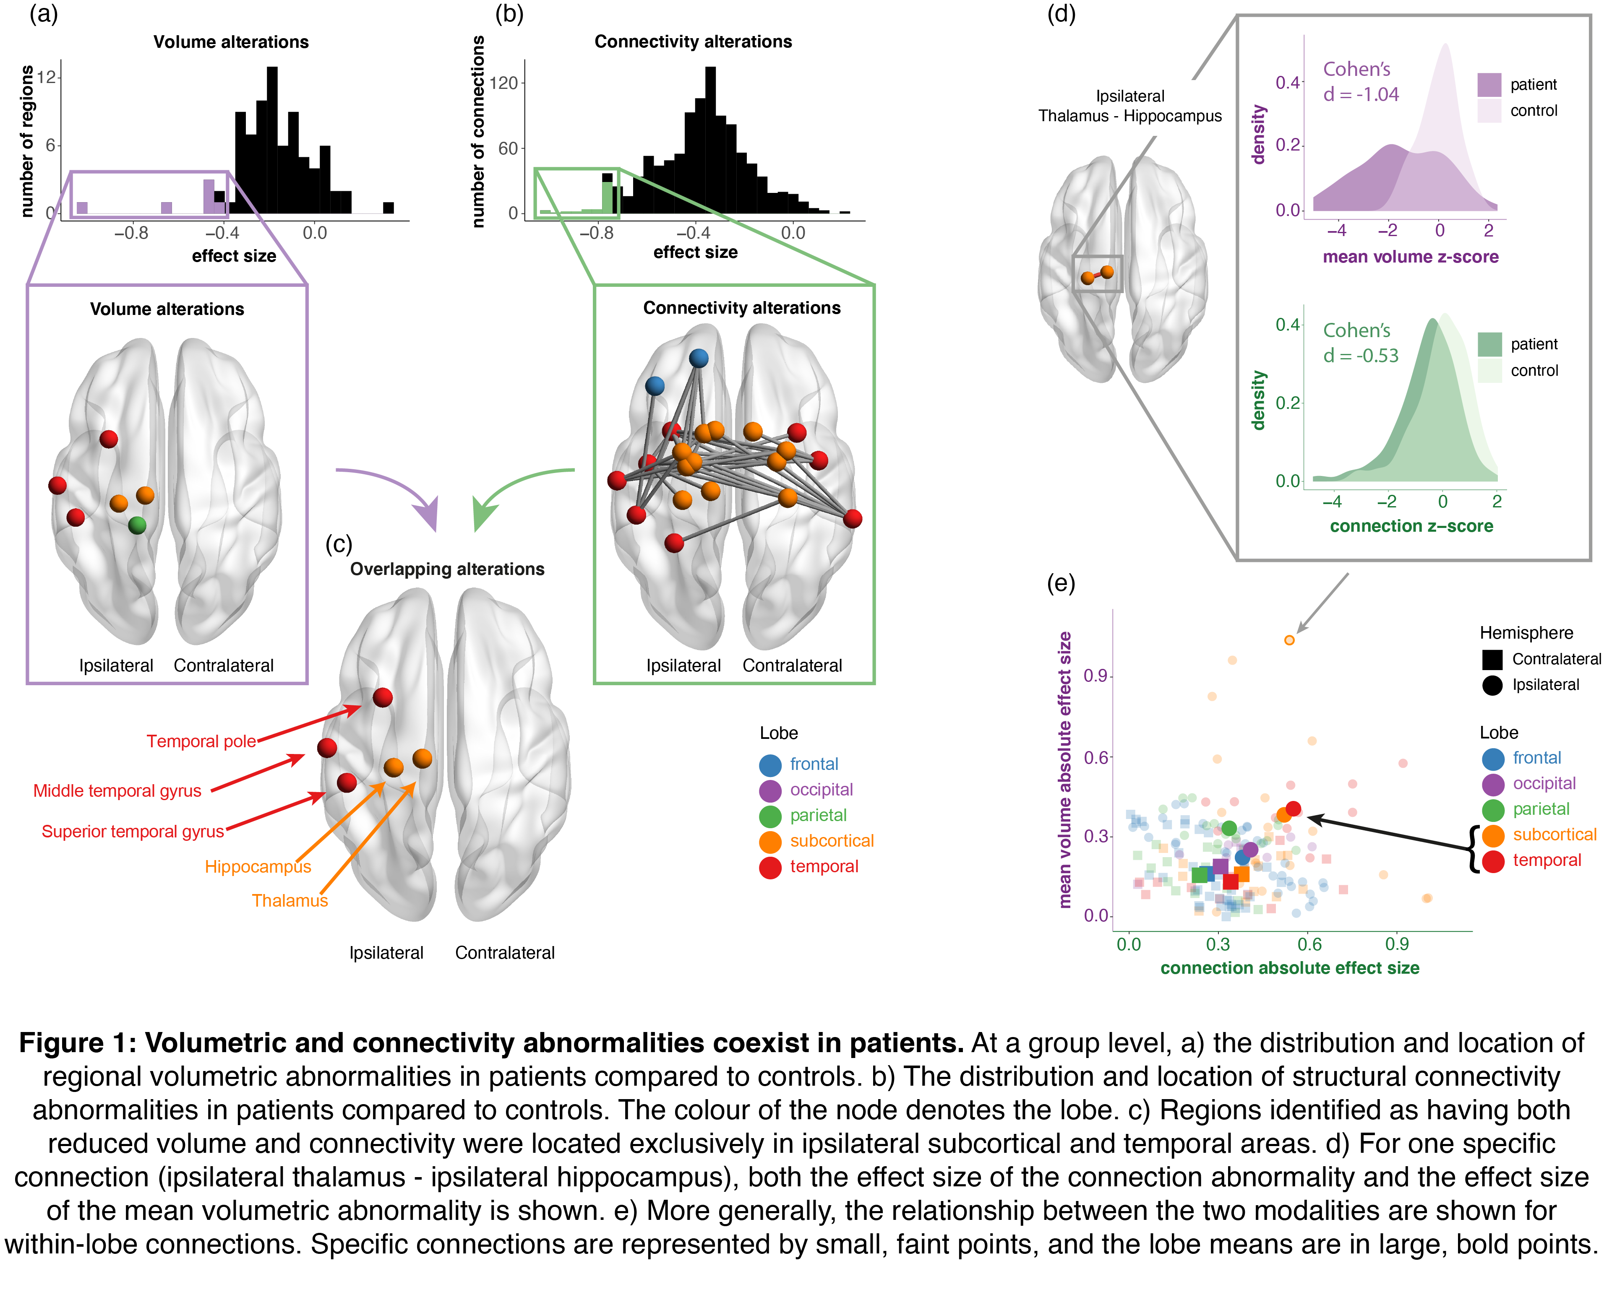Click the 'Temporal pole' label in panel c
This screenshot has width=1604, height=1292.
[x=201, y=741]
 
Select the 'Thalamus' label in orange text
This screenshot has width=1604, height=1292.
[x=290, y=900]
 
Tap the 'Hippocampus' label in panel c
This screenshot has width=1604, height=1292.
[x=258, y=867]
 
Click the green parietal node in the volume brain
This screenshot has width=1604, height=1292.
[x=137, y=525]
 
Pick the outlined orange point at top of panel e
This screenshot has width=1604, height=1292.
[x=1289, y=640]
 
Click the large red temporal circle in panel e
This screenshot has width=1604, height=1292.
[x=1294, y=809]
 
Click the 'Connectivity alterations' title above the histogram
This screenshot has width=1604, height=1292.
[x=693, y=42]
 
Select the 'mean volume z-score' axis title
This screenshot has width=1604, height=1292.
[x=1411, y=257]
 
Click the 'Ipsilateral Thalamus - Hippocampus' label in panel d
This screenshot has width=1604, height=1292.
[x=1129, y=106]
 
